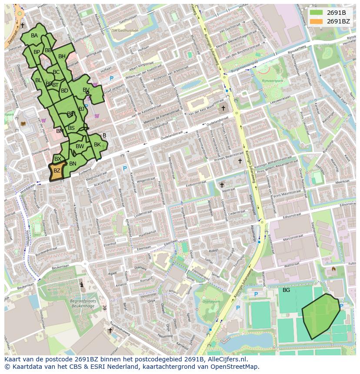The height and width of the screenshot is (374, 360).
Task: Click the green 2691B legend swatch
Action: pos(317,12)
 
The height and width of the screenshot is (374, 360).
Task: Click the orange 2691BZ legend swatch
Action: pos(317,21)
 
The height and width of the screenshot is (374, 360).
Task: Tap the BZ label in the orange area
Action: pos(57,171)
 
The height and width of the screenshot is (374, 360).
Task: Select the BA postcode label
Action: pos(34,36)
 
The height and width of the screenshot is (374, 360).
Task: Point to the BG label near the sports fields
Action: pos(286,290)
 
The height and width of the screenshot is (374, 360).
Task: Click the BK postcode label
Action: pos(97,145)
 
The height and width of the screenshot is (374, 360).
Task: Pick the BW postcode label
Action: pos(80,146)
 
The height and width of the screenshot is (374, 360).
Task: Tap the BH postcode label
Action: pos(62,56)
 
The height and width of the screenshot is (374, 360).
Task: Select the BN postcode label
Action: pos(73,164)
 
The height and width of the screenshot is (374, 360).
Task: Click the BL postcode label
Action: pos(38,80)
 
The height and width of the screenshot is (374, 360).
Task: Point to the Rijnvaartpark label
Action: pos(272,81)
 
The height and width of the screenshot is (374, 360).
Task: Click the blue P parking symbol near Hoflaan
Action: pos(111,78)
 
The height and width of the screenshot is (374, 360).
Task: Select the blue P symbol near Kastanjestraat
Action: pos(125,168)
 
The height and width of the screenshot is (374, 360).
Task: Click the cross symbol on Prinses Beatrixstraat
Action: pos(240,161)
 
